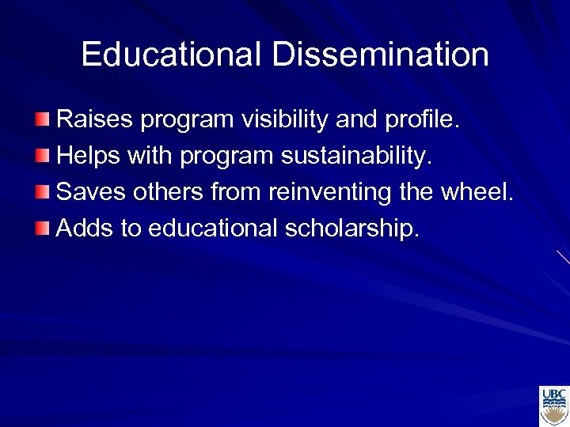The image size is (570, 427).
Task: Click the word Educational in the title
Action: coord(171,55)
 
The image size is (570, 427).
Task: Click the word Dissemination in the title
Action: coord(381,55)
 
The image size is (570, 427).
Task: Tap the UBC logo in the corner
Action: coord(553,406)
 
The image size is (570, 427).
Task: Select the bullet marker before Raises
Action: coord(42,120)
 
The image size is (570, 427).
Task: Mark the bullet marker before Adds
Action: coord(42,229)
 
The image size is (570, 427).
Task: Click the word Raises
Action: coord(95,120)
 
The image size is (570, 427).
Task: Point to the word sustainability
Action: coord(357,157)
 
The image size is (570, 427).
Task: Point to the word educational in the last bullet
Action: coord(213,229)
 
